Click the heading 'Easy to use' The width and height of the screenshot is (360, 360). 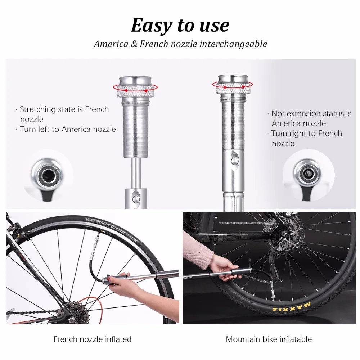coord(180,25)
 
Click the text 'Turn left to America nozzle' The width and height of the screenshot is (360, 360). coord(68,129)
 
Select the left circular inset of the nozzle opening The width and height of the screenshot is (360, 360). coord(47,176)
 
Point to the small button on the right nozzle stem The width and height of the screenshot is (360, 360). coord(235,160)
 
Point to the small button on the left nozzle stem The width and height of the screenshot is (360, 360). coord(136,197)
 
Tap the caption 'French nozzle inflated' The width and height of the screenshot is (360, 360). coord(93,339)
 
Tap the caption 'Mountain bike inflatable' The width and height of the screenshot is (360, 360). coord(269,339)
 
